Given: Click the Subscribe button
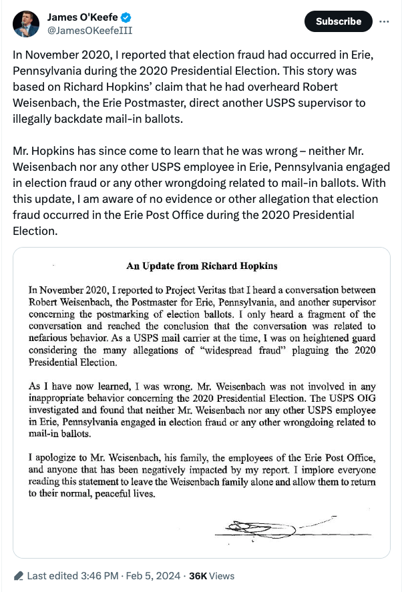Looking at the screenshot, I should pyautogui.click(x=339, y=21).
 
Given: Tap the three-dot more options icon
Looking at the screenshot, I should pyautogui.click(x=383, y=21).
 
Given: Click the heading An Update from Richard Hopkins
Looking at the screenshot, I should pyautogui.click(x=202, y=266).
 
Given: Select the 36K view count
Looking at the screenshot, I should pyautogui.click(x=198, y=575).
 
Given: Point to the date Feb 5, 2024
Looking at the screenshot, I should pyautogui.click(x=150, y=575).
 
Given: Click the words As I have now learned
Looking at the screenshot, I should pyautogui.click(x=77, y=386).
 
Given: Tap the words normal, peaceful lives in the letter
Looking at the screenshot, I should pyautogui.click(x=103, y=495).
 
